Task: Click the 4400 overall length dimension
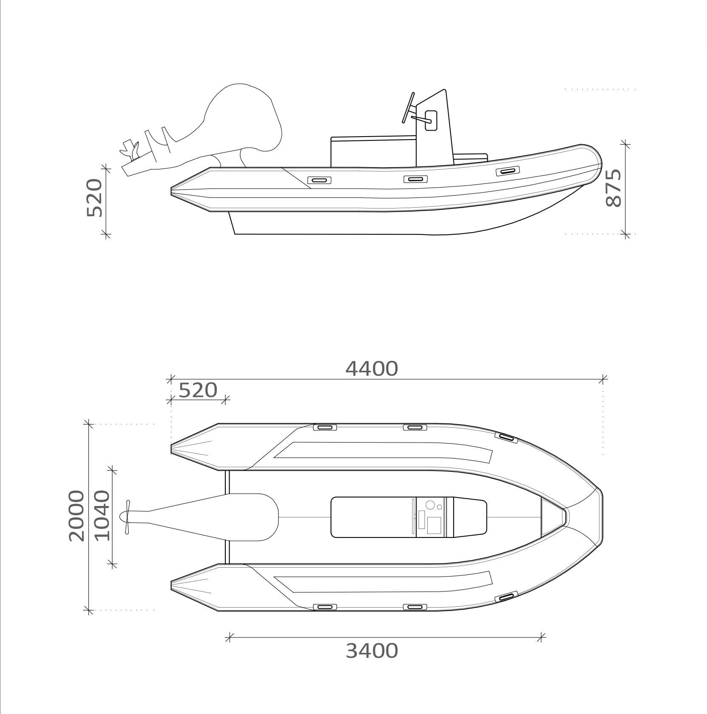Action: pyautogui.click(x=372, y=368)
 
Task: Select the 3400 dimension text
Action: pyautogui.click(x=372, y=651)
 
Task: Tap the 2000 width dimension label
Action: pyautogui.click(x=77, y=516)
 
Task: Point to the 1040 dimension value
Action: pyautogui.click(x=102, y=515)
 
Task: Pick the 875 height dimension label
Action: pyautogui.click(x=613, y=188)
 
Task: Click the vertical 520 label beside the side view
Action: pyautogui.click(x=94, y=198)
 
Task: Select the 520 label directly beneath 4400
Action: pyautogui.click(x=198, y=390)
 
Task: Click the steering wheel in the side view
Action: pyautogui.click(x=407, y=108)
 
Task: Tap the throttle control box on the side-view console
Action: pyautogui.click(x=431, y=120)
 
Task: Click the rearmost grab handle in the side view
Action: pyautogui.click(x=319, y=180)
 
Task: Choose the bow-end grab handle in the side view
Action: pyautogui.click(x=508, y=171)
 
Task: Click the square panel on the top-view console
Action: pyautogui.click(x=434, y=525)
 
